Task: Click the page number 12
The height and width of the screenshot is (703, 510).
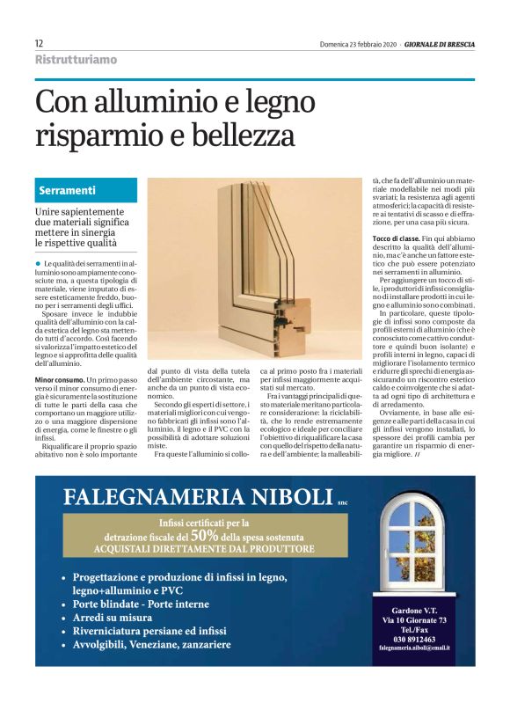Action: [40, 43]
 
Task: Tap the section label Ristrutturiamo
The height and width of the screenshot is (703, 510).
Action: [76, 60]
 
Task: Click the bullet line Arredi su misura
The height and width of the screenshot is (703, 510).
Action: [118, 618]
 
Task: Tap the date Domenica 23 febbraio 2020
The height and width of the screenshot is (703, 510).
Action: [357, 44]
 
